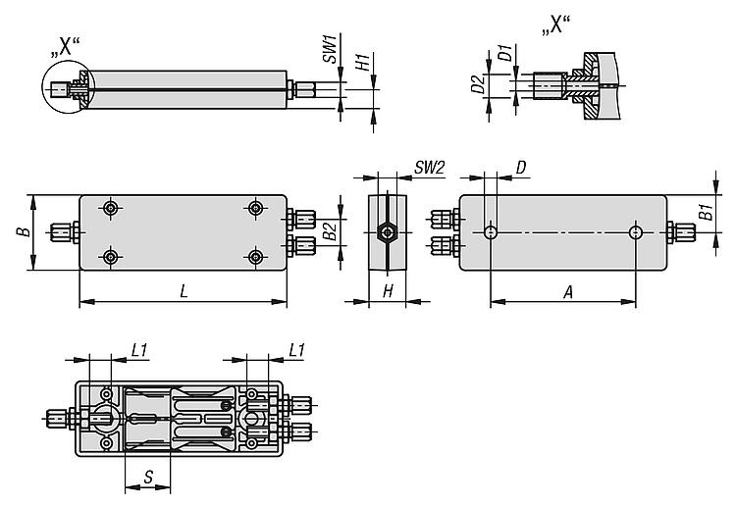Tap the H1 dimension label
click(x=363, y=62)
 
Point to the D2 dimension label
click(x=478, y=85)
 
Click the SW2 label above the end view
click(x=429, y=168)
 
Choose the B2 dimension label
click(x=330, y=231)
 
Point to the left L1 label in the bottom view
click(x=140, y=349)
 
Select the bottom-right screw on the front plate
click(x=255, y=257)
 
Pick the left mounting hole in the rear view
click(x=491, y=232)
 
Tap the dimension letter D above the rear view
click(x=521, y=168)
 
